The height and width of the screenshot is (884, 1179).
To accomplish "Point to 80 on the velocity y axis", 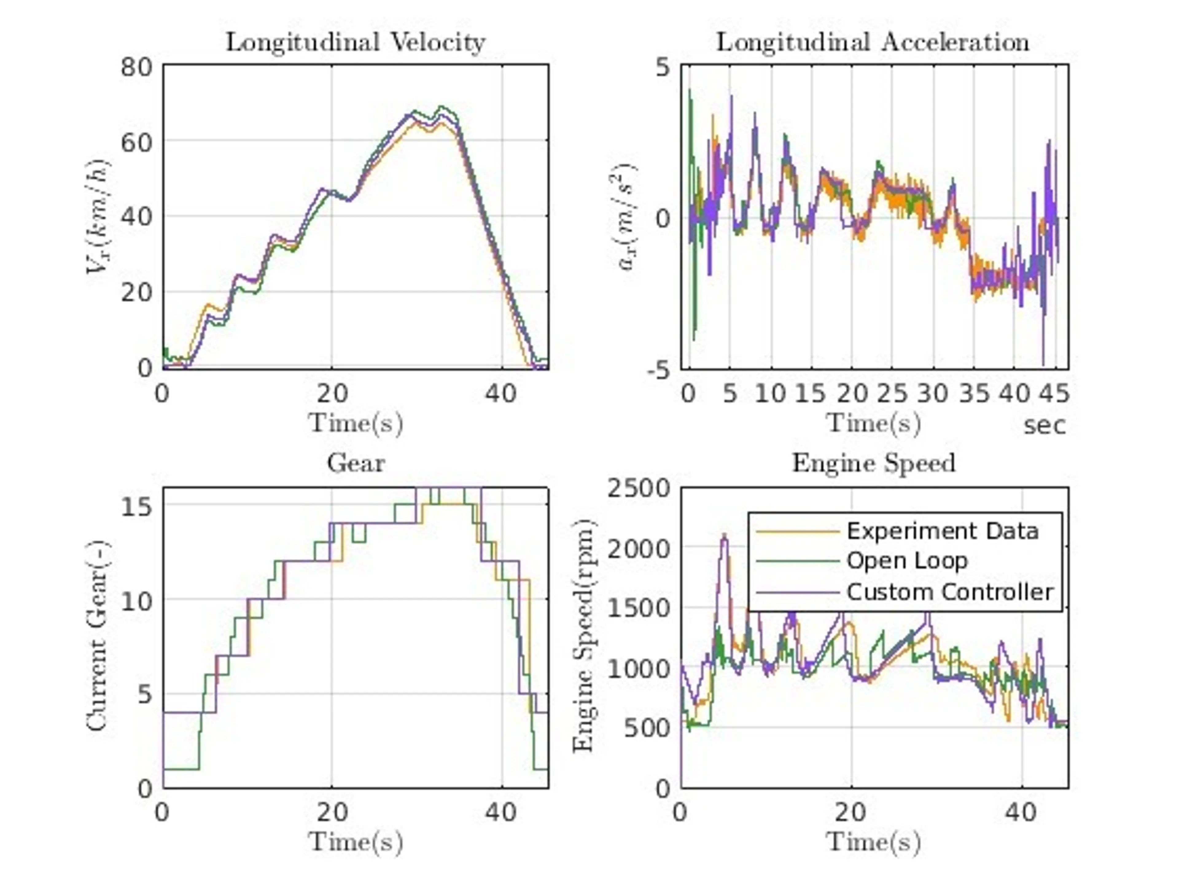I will [x=136, y=68].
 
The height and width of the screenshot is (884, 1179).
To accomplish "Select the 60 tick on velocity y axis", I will [x=136, y=143].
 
